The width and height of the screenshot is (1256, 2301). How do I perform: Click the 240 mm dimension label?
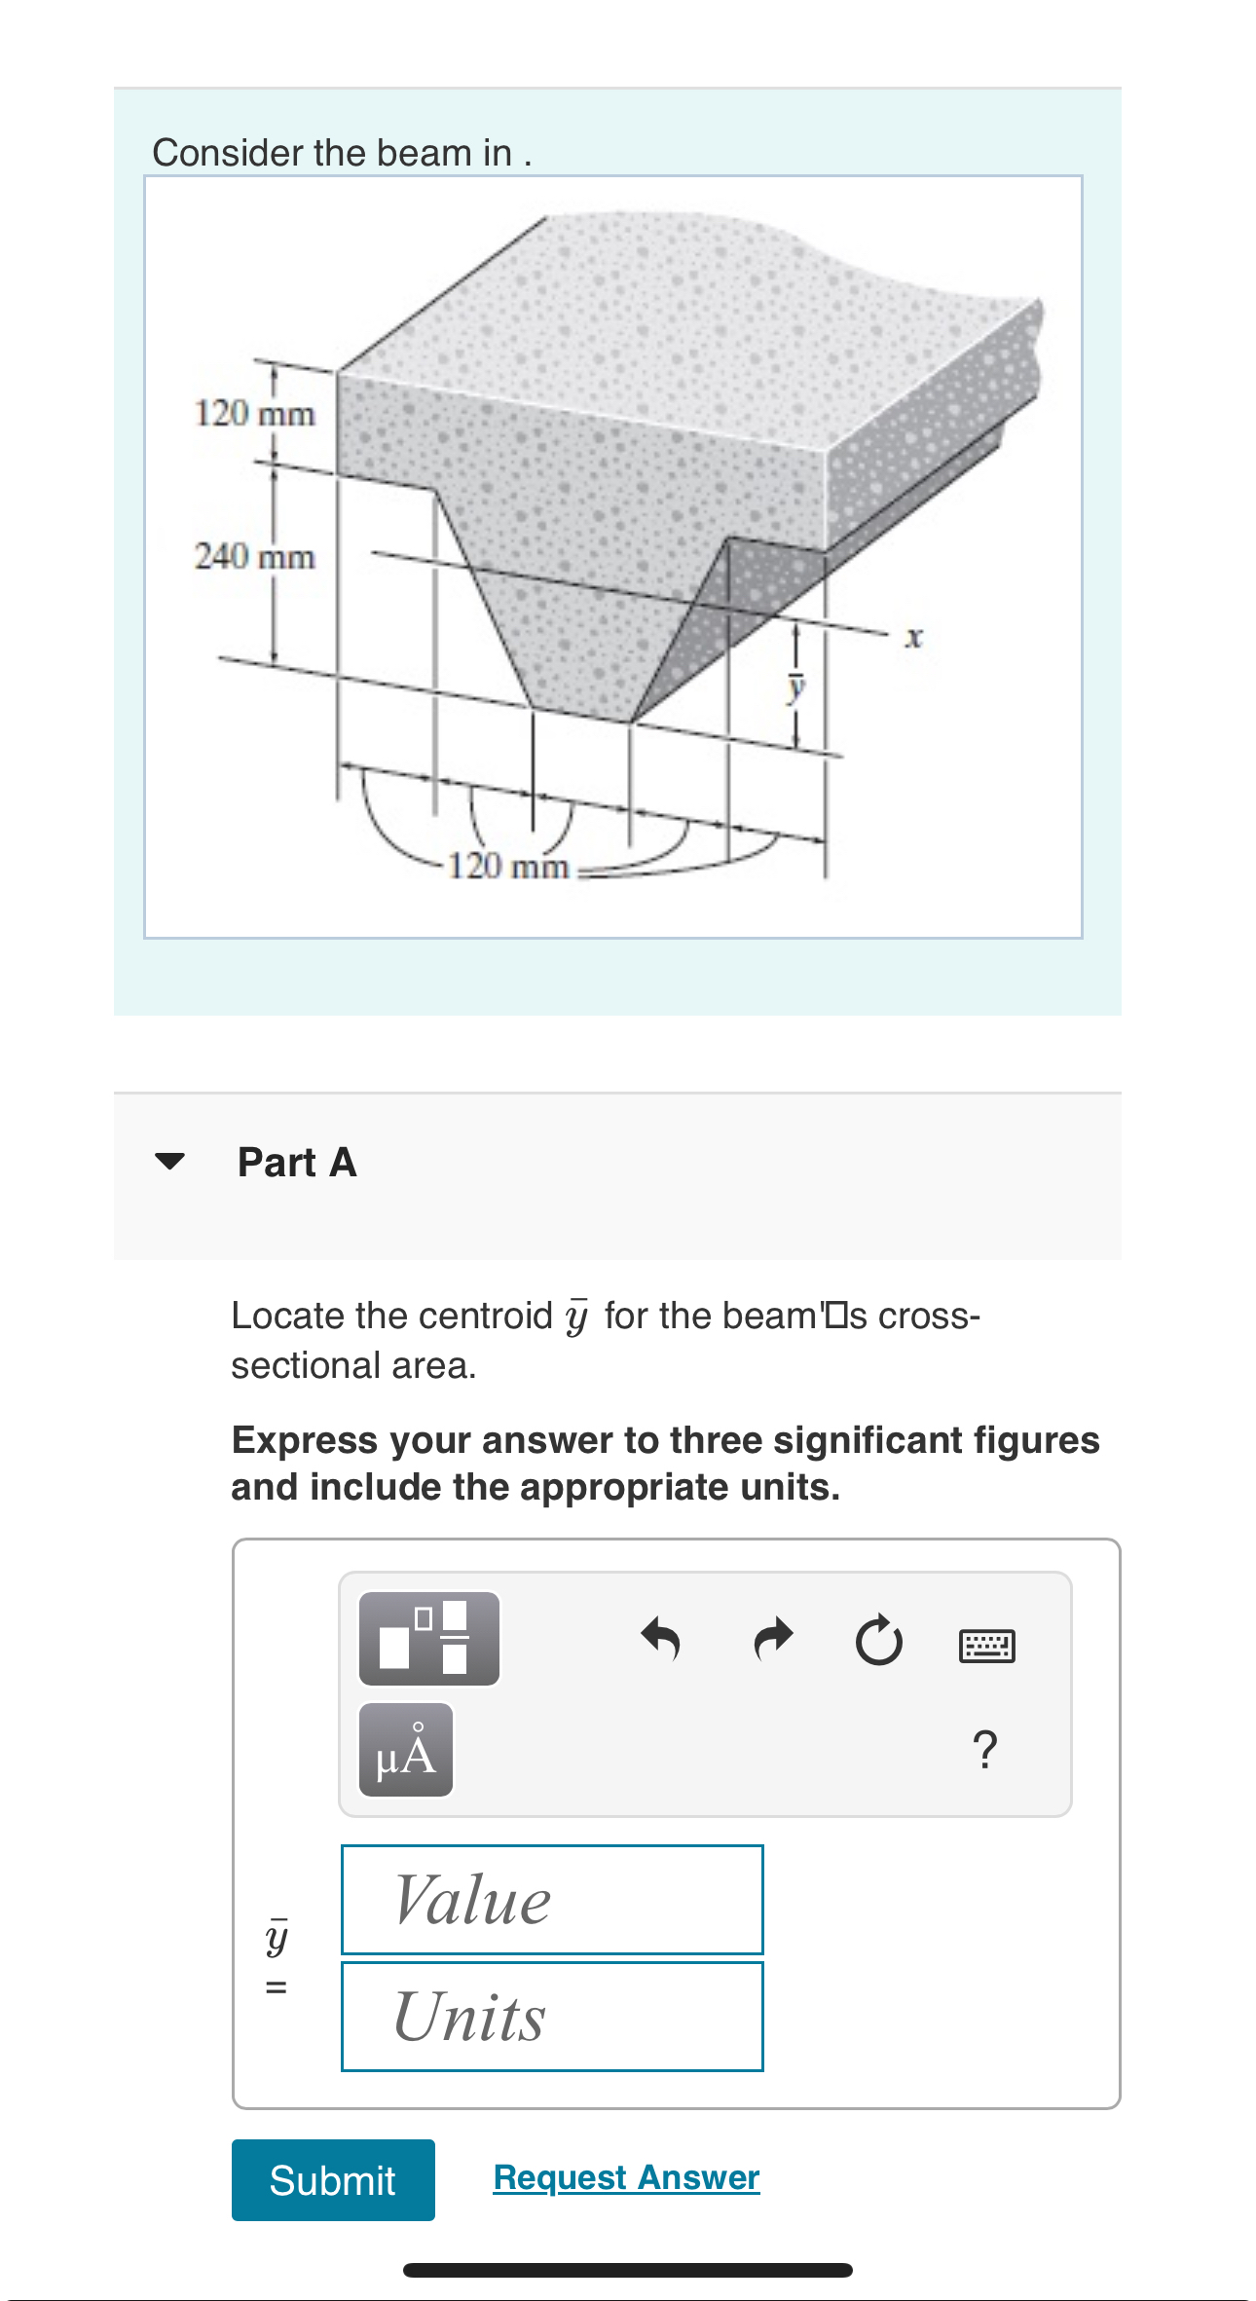pyautogui.click(x=255, y=557)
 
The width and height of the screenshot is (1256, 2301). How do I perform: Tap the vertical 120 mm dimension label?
pyautogui.click(x=255, y=414)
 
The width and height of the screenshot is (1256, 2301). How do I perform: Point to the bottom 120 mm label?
pyautogui.click(x=508, y=866)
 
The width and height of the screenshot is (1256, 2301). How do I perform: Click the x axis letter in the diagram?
pyautogui.click(x=912, y=639)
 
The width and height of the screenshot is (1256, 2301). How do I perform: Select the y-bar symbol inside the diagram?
pyautogui.click(x=796, y=687)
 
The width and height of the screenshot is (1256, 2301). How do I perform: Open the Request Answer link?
pyautogui.click(x=626, y=2176)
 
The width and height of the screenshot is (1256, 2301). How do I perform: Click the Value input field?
pyautogui.click(x=552, y=1899)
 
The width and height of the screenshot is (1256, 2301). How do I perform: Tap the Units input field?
pyautogui.click(x=552, y=2016)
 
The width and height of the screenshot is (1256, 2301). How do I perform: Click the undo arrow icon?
pyautogui.click(x=661, y=1639)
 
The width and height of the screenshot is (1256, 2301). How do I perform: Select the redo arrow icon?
pyautogui.click(x=774, y=1639)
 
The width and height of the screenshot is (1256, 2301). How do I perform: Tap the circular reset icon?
pyautogui.click(x=878, y=1641)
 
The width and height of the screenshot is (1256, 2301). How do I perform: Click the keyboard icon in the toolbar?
pyautogui.click(x=986, y=1646)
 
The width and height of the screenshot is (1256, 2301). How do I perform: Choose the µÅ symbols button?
pyautogui.click(x=406, y=1750)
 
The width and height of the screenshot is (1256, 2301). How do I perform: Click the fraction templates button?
pyautogui.click(x=429, y=1639)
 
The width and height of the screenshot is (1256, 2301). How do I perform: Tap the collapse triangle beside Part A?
pyautogui.click(x=169, y=1161)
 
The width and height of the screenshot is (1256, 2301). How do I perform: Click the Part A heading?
pyautogui.click(x=297, y=1163)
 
